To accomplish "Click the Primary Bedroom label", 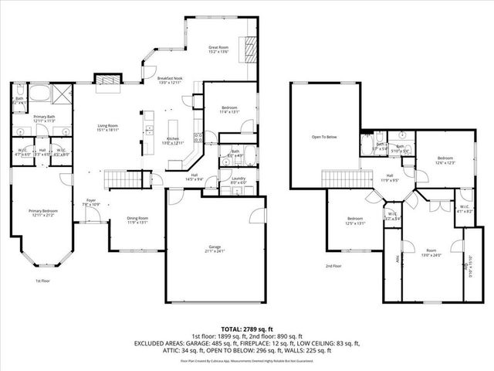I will click(42, 213).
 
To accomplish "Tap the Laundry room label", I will click(228, 180).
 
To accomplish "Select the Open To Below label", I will click(324, 137).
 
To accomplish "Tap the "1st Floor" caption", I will click(43, 281).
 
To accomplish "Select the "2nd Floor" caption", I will click(333, 266).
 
